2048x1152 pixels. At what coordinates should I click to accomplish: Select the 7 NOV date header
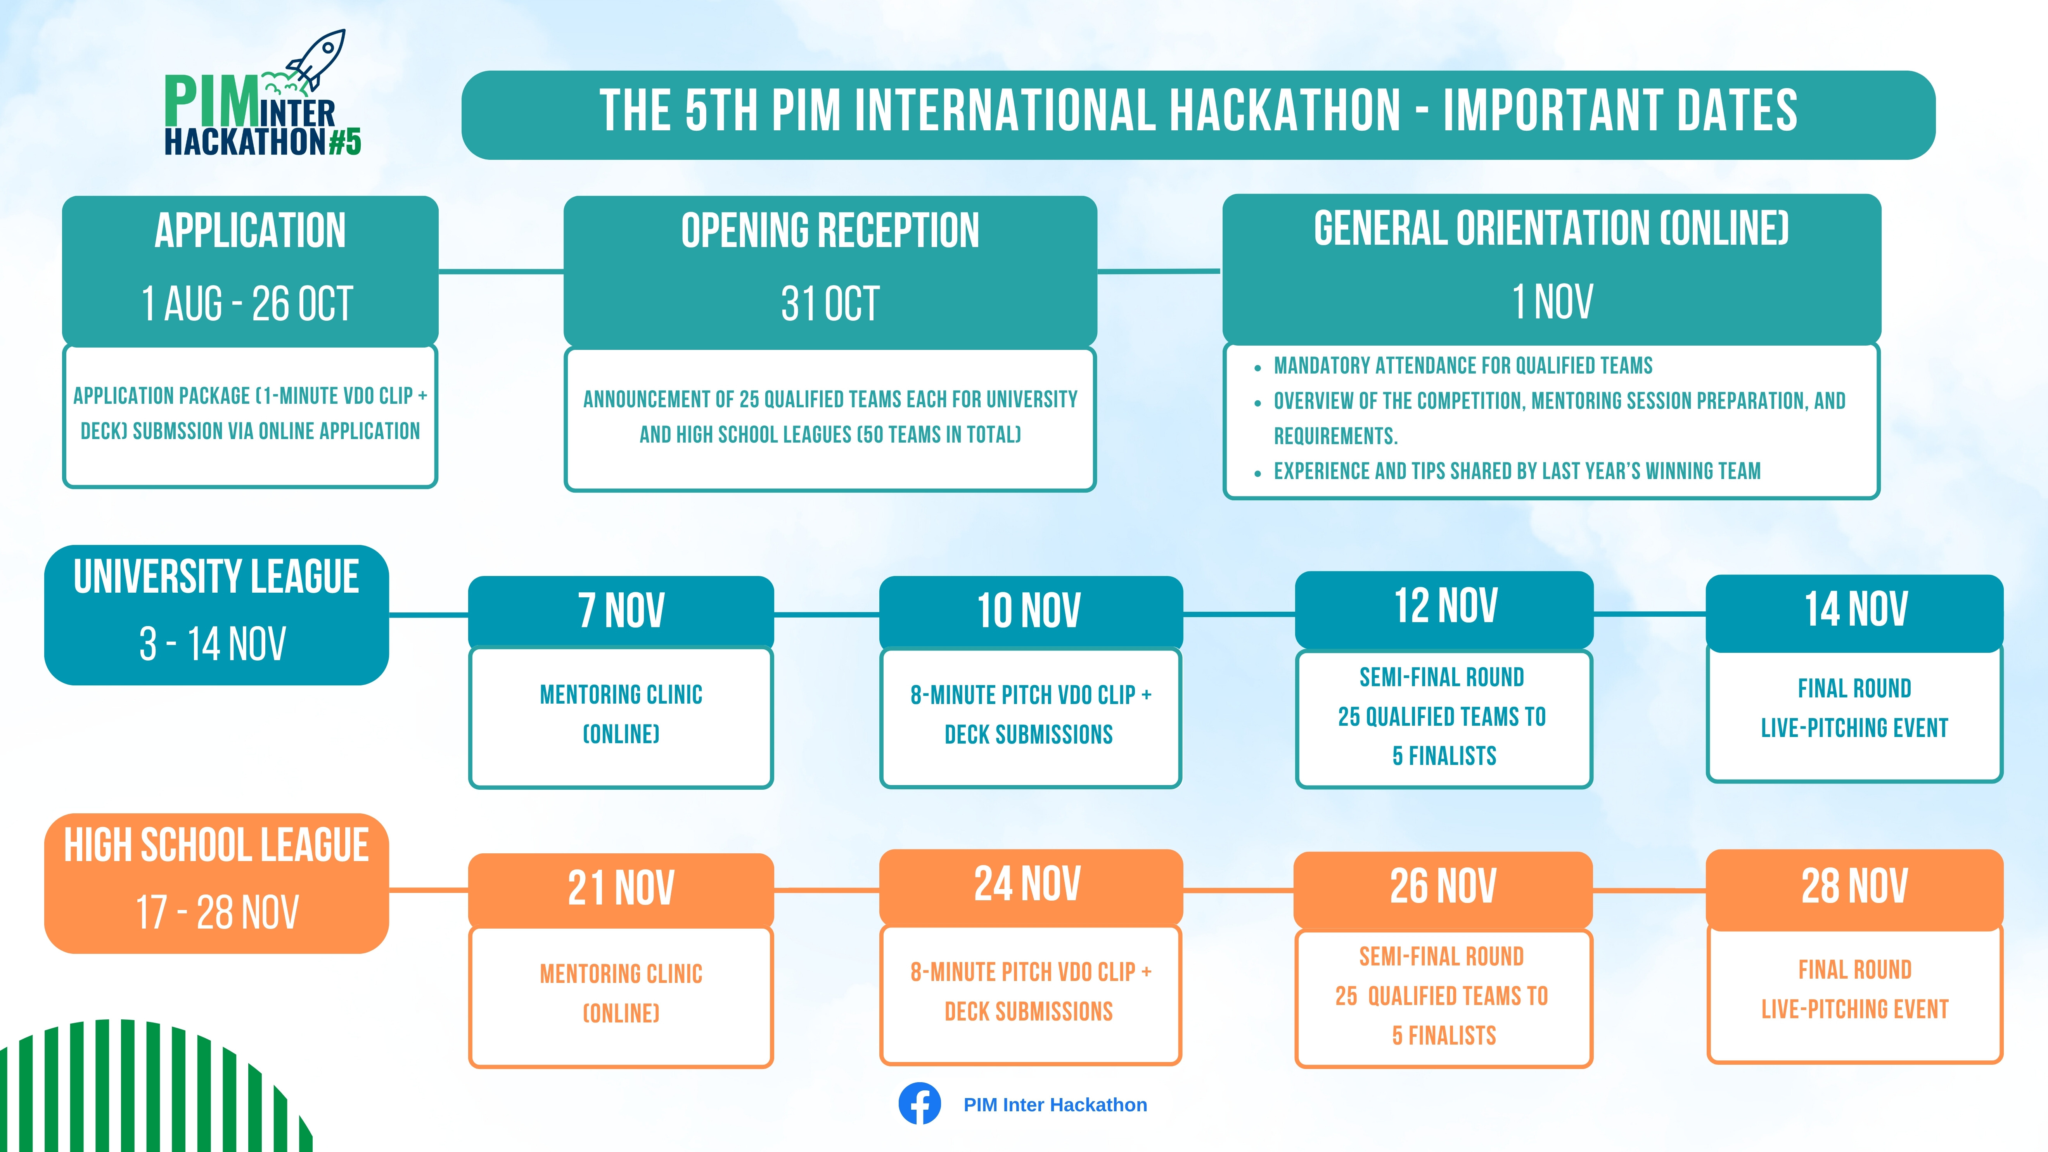coord(621,611)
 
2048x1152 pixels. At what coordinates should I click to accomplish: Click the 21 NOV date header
coord(621,888)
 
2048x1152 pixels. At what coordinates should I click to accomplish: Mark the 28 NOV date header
coord(1855,886)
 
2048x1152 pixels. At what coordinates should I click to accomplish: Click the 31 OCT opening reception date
coord(830,304)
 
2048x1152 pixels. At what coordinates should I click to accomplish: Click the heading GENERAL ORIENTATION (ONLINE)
coord(1551,229)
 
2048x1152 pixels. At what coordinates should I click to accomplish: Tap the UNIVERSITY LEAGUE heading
coord(216,576)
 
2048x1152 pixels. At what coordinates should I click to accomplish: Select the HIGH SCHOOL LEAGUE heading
coord(216,845)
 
